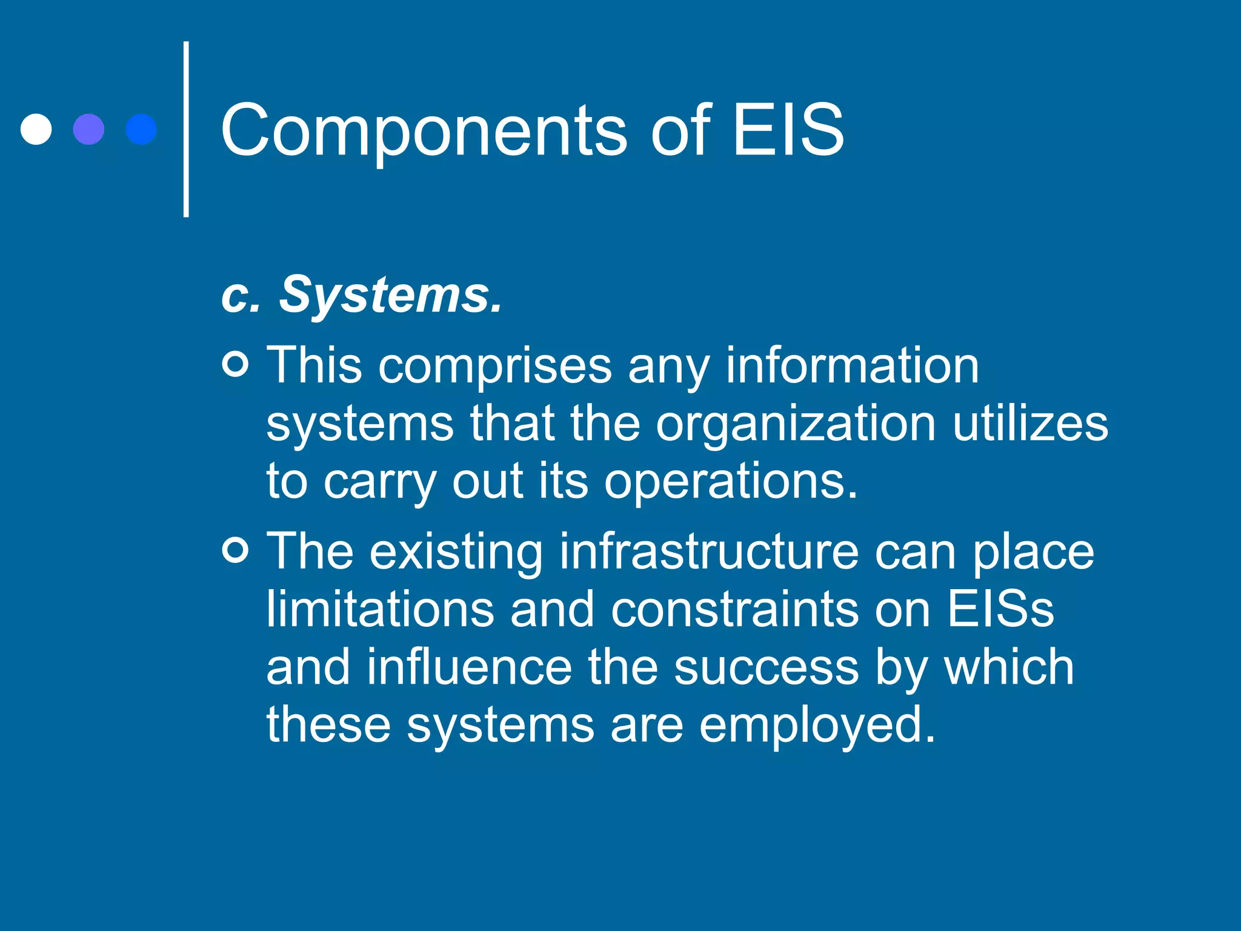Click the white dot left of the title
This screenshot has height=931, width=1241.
coord(36,129)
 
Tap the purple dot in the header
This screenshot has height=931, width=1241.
coord(88,129)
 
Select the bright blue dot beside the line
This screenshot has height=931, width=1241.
coord(141,129)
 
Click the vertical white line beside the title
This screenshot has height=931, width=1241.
coord(186,129)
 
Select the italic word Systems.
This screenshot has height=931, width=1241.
coord(390,295)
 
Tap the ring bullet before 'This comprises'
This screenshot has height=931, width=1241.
coord(236,364)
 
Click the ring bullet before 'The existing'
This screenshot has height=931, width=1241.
coord(236,550)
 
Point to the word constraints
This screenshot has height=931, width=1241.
coord(734,609)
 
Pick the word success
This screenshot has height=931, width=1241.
coord(766,667)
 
